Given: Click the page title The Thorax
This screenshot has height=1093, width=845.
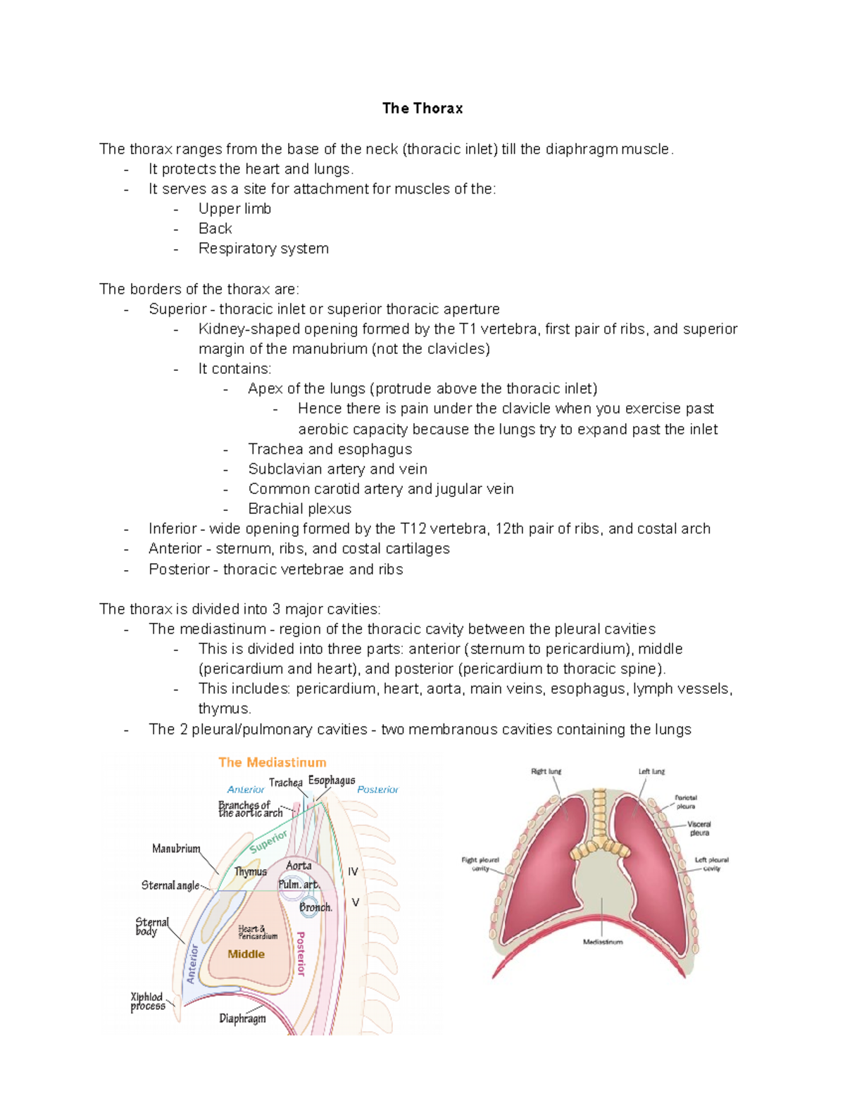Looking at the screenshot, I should [x=423, y=108].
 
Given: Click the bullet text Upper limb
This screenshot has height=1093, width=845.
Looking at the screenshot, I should [x=234, y=209].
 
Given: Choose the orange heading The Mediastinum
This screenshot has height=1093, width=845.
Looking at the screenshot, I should [x=272, y=762].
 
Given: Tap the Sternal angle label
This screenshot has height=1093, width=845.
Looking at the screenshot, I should [x=170, y=885].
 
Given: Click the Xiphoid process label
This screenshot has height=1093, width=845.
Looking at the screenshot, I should [x=147, y=1002].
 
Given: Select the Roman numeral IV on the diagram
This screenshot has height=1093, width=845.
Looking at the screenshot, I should [x=353, y=871].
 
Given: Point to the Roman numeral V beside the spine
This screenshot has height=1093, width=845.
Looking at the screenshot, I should [x=356, y=902].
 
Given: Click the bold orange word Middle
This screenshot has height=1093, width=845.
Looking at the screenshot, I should [x=246, y=954].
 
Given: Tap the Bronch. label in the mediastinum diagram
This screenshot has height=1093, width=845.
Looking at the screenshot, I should [x=315, y=907].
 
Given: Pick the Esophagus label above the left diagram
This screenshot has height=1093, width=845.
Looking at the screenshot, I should [x=331, y=781].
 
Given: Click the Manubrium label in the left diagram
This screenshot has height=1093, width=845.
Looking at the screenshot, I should [x=176, y=849].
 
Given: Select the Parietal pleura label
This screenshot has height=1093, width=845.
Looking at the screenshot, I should [x=685, y=802].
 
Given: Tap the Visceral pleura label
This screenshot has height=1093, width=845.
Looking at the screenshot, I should [x=699, y=828].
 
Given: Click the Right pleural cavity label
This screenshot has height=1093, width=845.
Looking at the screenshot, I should [x=480, y=864].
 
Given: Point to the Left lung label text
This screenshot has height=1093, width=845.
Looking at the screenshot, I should [x=651, y=771].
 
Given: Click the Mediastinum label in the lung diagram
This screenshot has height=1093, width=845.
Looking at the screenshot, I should [x=603, y=942].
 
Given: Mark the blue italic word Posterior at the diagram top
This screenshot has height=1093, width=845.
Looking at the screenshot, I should [x=377, y=790].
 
